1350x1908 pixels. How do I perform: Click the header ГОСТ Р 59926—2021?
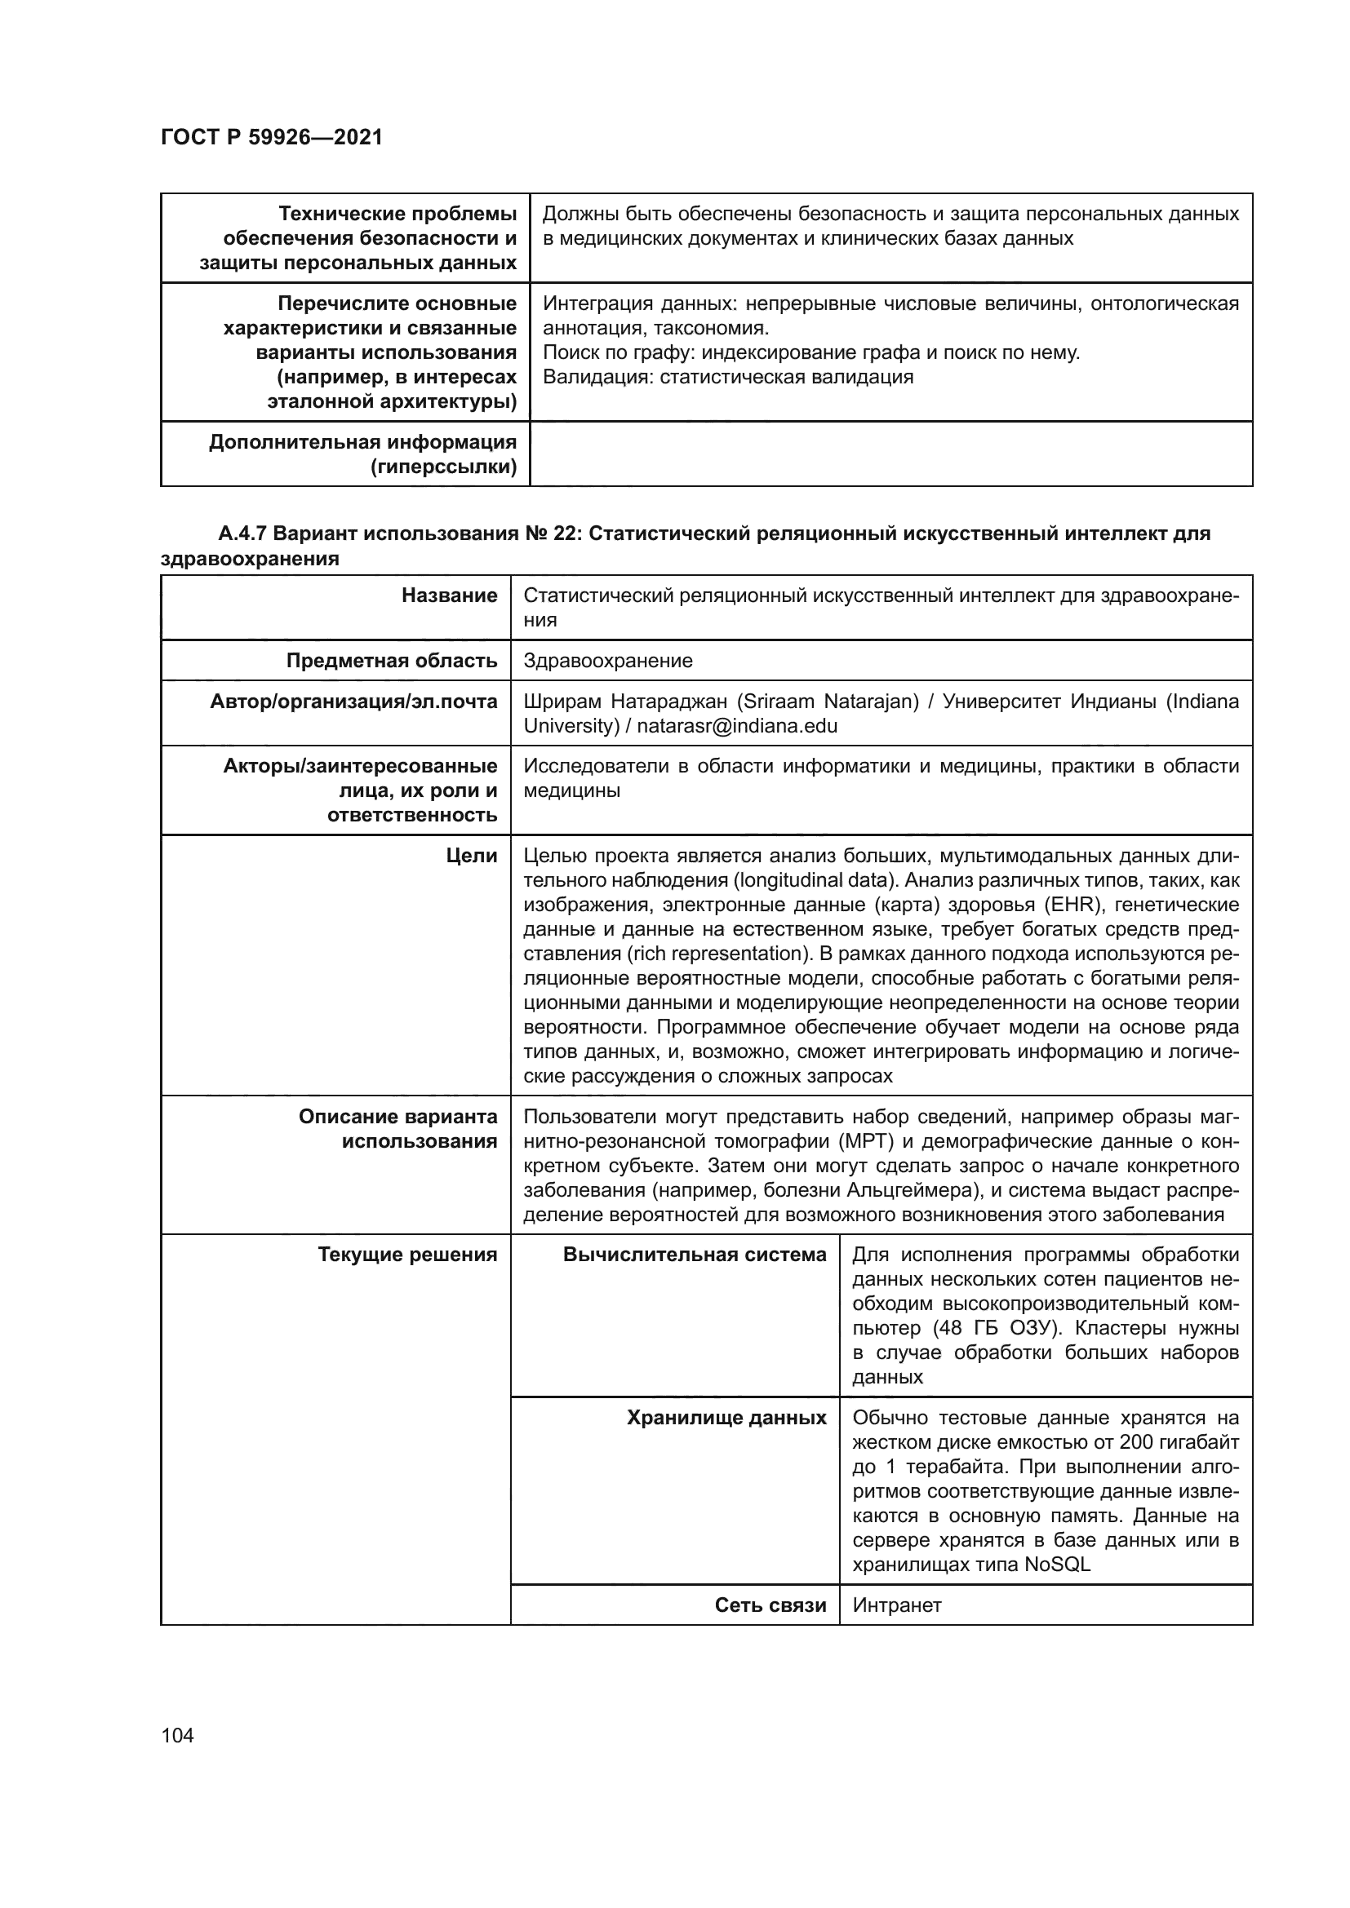(272, 138)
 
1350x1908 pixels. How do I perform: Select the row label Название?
(449, 595)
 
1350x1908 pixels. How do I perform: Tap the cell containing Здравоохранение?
(608, 661)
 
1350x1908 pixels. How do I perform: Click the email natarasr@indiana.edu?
(736, 725)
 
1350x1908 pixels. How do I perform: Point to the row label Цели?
(471, 855)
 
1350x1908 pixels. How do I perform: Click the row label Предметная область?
(392, 661)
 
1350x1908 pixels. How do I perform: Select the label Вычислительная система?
(695, 1255)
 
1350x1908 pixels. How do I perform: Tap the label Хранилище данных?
(726, 1418)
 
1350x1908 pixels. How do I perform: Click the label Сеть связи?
(770, 1605)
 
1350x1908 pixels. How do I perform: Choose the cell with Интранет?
(896, 1605)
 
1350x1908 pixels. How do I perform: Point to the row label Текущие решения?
(407, 1255)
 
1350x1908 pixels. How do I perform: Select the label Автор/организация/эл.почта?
(353, 702)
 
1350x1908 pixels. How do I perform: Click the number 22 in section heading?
(566, 533)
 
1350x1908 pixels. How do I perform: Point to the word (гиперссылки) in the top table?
(443, 467)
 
